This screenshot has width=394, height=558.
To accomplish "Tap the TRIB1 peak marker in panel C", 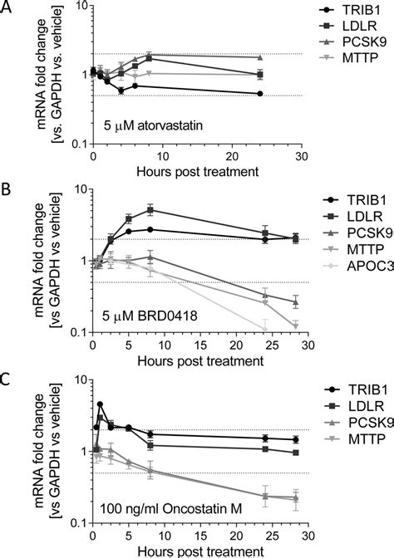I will [x=100, y=404].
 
